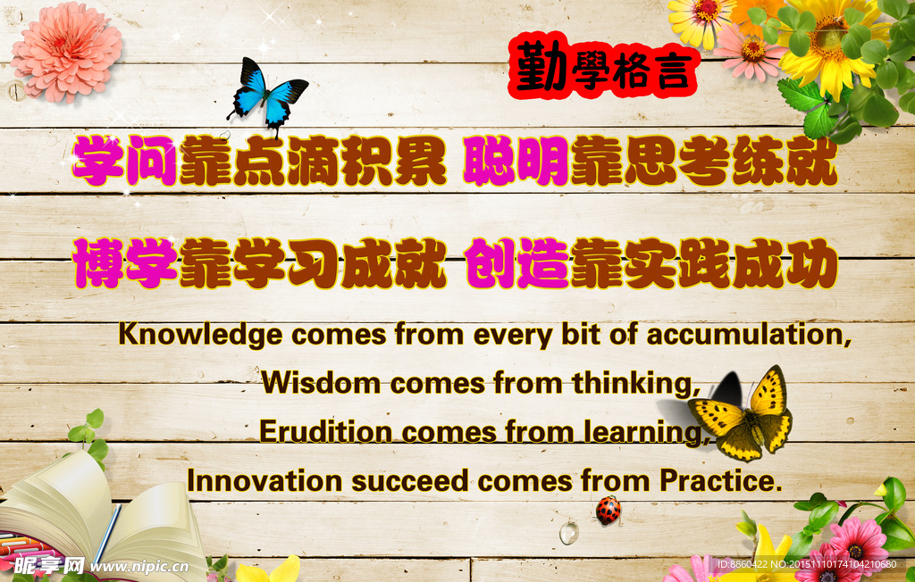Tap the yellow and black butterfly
[742, 415]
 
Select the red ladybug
[608, 511]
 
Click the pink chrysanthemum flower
[66, 51]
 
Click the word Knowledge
[201, 336]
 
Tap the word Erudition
[325, 432]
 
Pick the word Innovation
[264, 481]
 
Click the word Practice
[720, 480]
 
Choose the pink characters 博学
[125, 262]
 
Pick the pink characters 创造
[517, 262]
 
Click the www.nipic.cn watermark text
[139, 566]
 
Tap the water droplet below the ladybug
[569, 532]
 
